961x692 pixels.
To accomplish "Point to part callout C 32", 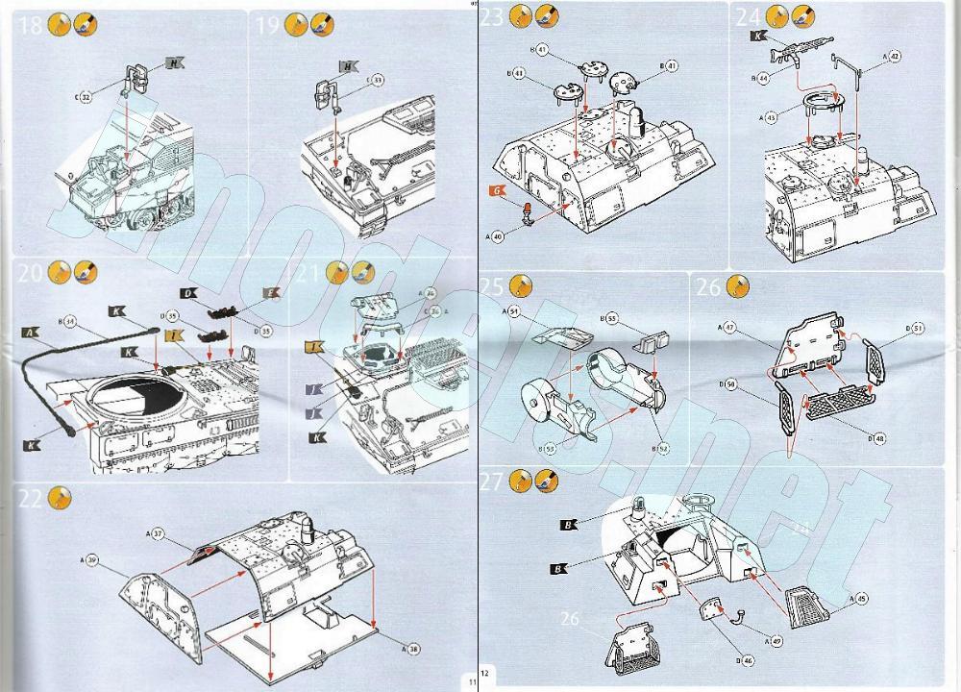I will point(84,97).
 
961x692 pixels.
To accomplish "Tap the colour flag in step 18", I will point(174,63).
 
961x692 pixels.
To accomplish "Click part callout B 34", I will point(68,321).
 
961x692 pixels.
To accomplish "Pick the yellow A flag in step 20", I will point(31,334).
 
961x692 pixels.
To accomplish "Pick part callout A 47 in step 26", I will point(730,328).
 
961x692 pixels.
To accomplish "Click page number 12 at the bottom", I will point(485,674).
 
